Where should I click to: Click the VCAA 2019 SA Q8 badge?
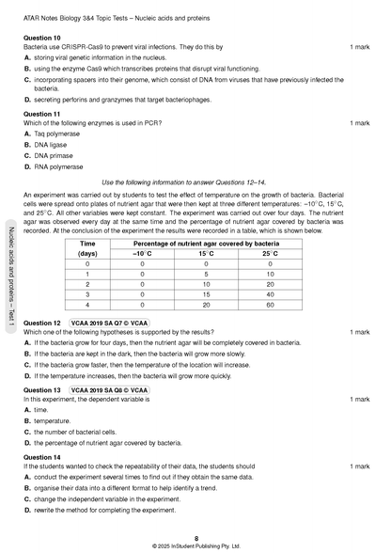tap(108, 388)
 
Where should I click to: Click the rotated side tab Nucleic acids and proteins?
tap(9, 277)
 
